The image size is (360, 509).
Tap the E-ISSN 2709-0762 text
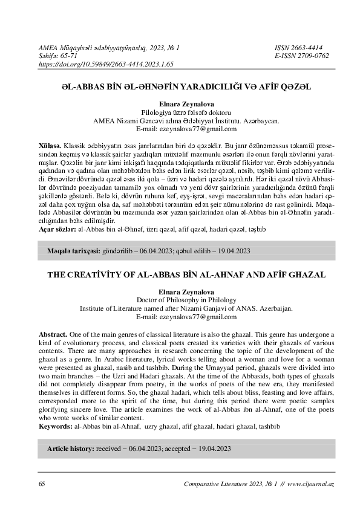click(x=301, y=55)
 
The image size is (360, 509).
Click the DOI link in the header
click(x=106, y=63)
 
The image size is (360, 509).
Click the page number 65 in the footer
click(x=42, y=485)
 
